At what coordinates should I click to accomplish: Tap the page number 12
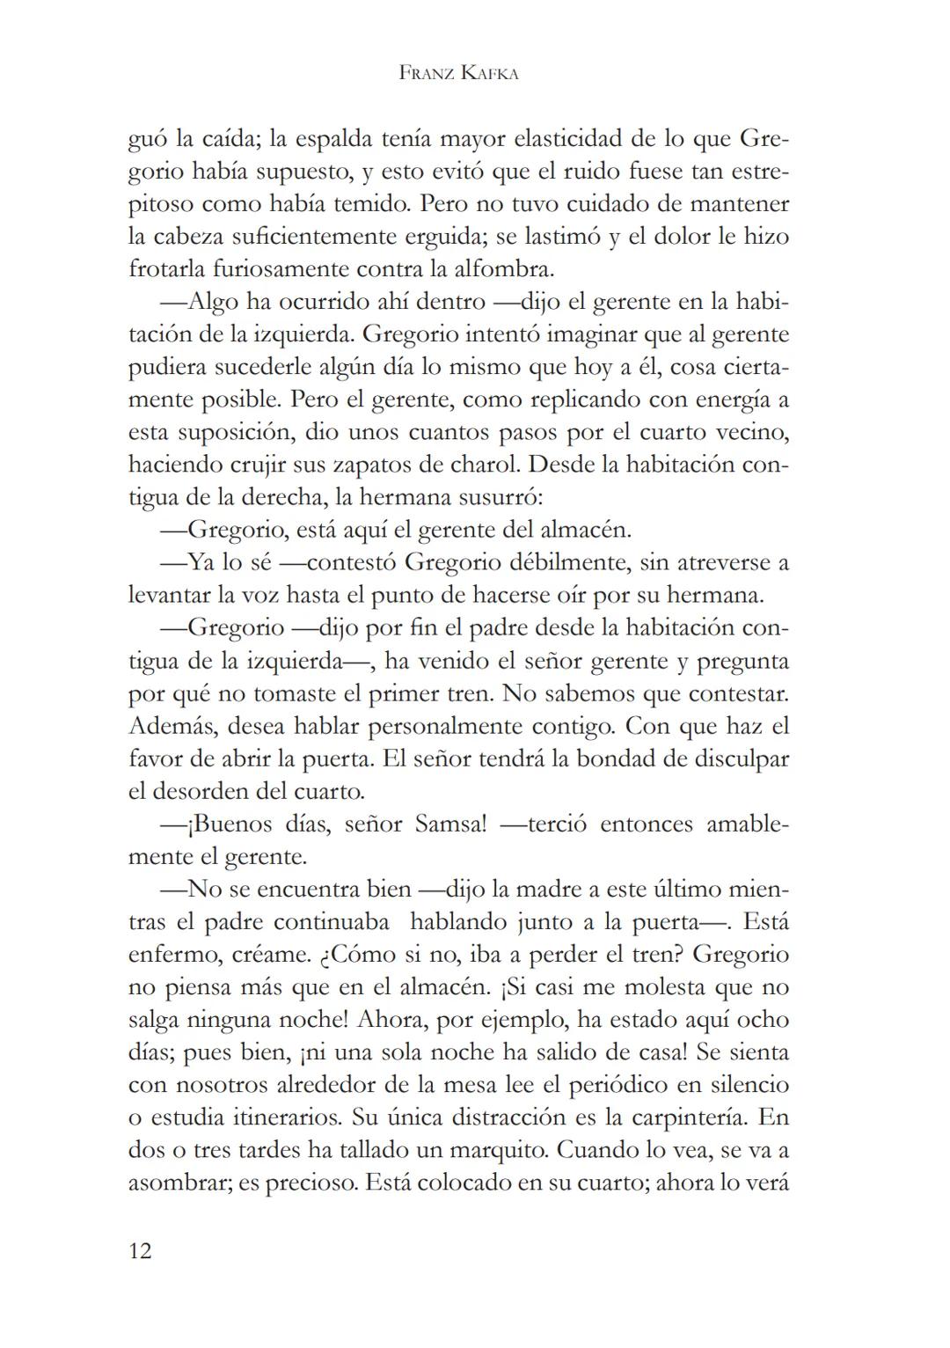(140, 1250)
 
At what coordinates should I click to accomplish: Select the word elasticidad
(574, 139)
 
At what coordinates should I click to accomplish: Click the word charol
(486, 465)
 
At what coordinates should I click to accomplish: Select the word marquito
(499, 1150)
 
